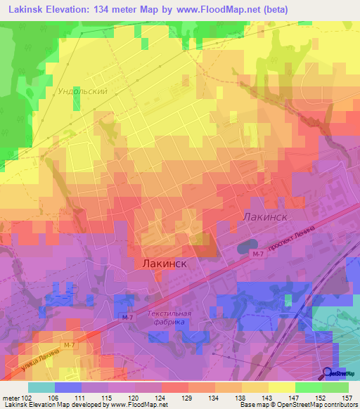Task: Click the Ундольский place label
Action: [82, 91]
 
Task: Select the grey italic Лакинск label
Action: [265, 217]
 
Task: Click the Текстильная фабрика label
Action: [169, 318]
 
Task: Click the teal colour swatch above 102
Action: [41, 387]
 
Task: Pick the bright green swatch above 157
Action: [335, 387]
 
